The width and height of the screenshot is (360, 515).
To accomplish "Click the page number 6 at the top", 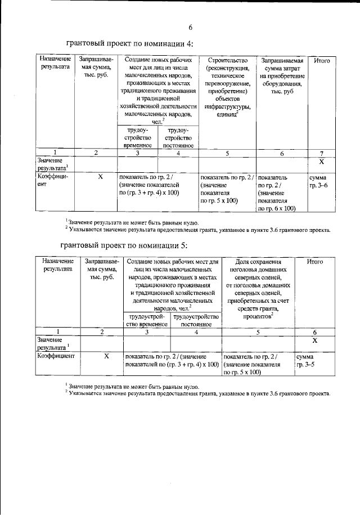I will point(190,26).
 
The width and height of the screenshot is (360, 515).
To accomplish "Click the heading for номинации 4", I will point(129,44).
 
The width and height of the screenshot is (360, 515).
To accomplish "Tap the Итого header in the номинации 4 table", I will point(322,60).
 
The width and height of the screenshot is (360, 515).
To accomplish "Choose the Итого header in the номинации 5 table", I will point(314,261).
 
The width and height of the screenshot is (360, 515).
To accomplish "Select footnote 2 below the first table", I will point(197,230).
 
